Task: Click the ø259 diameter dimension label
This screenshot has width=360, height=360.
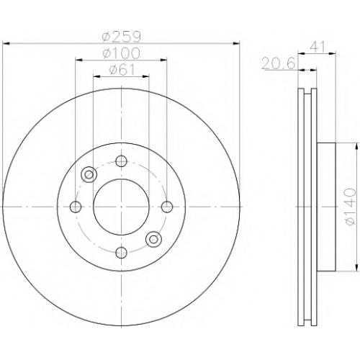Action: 121,37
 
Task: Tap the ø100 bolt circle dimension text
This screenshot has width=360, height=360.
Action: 121,53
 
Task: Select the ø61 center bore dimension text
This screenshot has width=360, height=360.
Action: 122,70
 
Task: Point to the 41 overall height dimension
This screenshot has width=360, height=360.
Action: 318,47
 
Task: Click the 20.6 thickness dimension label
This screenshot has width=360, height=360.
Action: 278,64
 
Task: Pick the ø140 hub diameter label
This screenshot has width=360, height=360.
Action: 350,207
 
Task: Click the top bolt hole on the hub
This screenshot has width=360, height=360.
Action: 121,161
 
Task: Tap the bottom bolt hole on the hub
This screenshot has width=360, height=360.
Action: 121,252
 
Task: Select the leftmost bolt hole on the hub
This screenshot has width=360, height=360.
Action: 76,207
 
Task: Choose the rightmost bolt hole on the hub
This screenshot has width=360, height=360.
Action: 167,207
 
